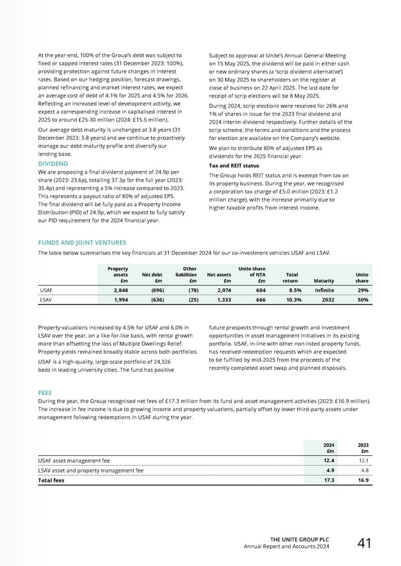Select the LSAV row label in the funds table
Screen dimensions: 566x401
[45, 301]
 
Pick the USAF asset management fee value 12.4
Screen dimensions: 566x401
[329, 460]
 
